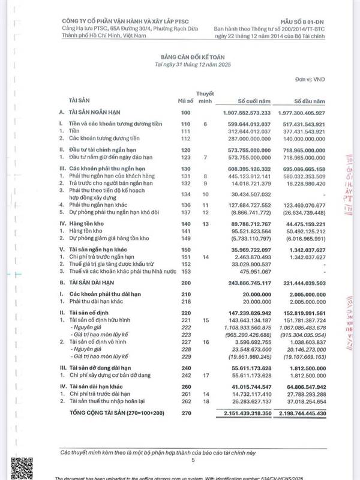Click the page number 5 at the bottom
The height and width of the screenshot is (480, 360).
[193, 460]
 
